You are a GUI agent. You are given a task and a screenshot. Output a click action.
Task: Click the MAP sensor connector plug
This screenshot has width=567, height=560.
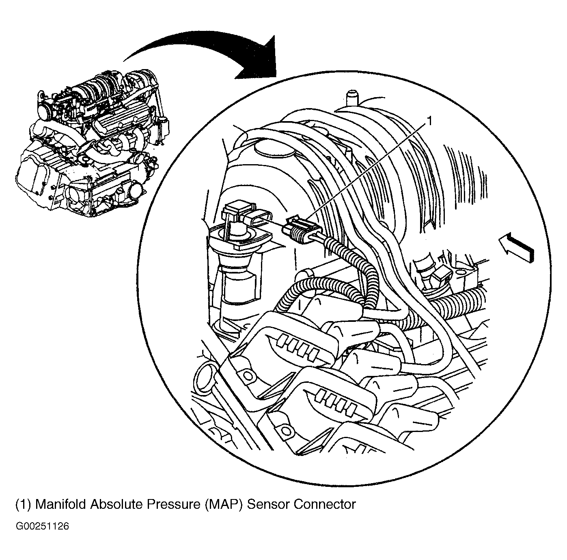coord(302,230)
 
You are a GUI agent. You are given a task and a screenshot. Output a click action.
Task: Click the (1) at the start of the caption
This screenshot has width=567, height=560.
coord(23,504)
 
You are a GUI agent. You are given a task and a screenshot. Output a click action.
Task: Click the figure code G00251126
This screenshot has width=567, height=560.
coord(43,527)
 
